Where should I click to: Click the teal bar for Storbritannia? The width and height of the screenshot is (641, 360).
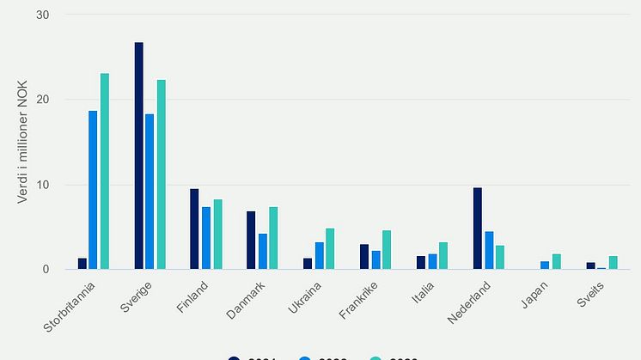point(105,172)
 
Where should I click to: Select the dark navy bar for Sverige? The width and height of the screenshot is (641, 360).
point(138,156)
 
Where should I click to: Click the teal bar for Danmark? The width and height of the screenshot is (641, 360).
point(273,238)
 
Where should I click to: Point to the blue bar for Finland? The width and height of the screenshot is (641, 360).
point(206,238)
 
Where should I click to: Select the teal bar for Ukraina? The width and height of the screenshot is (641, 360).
point(330,249)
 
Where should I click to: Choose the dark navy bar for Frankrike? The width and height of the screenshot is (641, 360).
point(364,257)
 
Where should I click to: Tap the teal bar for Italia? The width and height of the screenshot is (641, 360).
point(443,256)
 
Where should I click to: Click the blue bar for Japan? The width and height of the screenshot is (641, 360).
point(545,265)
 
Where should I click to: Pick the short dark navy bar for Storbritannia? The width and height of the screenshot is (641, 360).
point(82,264)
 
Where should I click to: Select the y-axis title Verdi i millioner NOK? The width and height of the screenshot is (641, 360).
point(23,143)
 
